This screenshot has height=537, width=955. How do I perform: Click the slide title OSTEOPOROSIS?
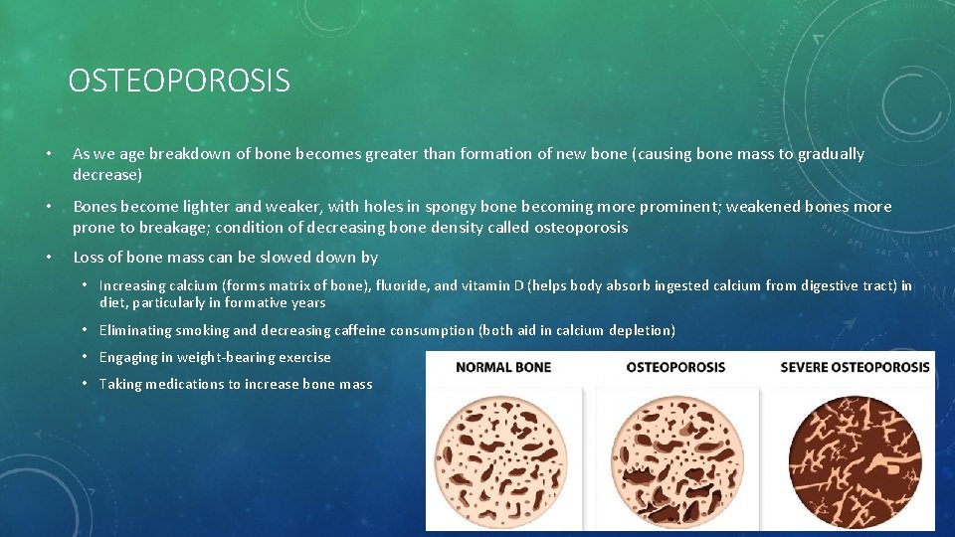coord(179,80)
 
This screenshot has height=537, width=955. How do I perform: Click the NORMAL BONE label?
coord(503,367)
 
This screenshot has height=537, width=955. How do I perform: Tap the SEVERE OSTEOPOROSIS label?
coord(855,367)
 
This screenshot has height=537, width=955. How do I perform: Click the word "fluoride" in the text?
coord(403,285)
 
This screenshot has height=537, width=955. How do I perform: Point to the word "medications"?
coord(189,384)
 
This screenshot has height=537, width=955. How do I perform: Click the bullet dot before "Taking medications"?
coord(87,384)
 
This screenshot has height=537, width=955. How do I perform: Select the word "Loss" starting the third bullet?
coord(89,258)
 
